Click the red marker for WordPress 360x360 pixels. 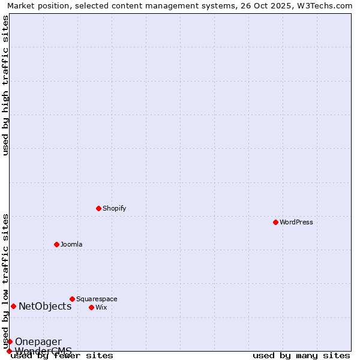coord(275,222)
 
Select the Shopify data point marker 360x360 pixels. coord(98,208)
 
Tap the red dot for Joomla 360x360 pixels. coord(56,244)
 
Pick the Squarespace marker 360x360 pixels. coord(72,299)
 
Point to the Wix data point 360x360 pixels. coord(91,307)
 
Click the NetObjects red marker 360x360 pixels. coord(13,306)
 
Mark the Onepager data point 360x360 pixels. coord(10,341)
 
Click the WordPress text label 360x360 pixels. coord(296,222)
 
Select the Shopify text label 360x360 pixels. coord(114,208)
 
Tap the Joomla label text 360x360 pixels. coord(71,244)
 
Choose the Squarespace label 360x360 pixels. coord(97,299)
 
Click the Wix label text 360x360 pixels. coord(101,307)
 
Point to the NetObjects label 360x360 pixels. coord(45,306)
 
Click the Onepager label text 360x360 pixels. coord(38,341)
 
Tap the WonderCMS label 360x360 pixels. coord(43,350)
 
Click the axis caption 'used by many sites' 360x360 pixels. coord(301,355)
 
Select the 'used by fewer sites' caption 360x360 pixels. coord(62,355)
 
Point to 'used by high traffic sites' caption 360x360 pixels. coord(5,85)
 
